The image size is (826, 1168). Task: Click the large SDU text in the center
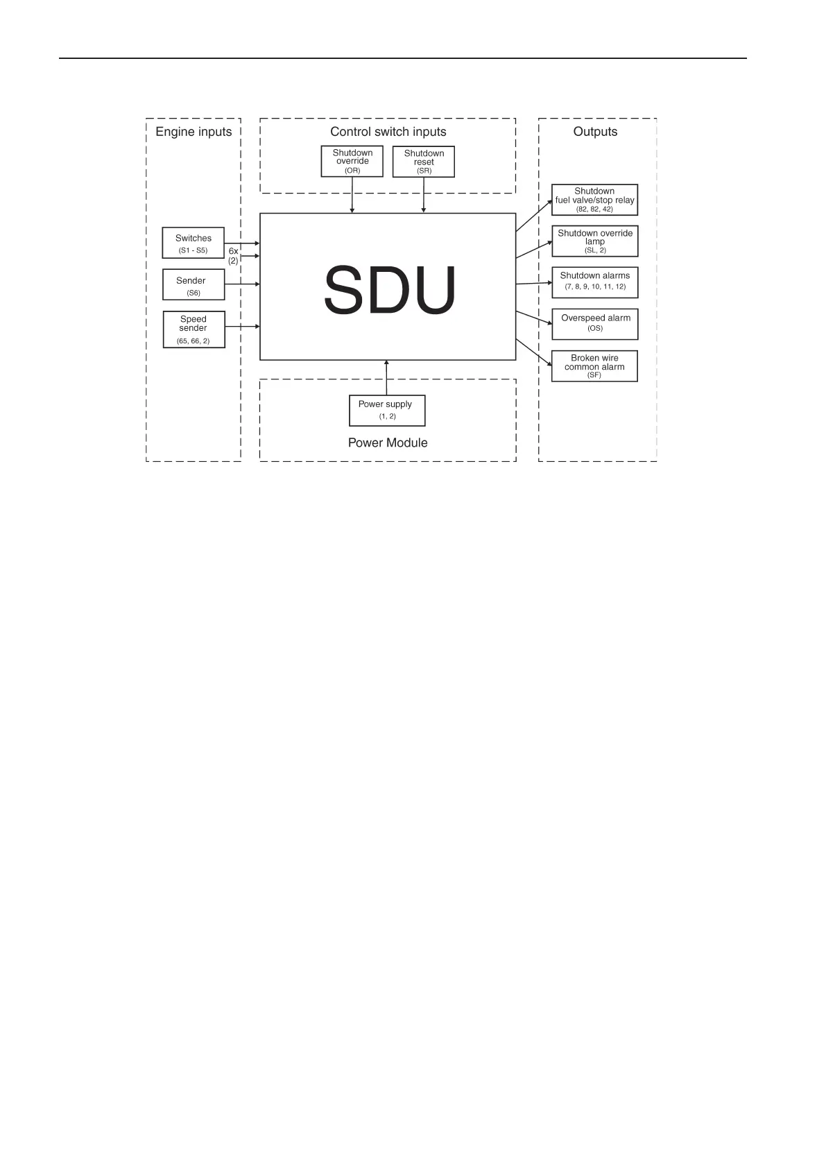pyautogui.click(x=390, y=290)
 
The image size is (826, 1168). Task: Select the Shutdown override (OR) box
pyautogui.click(x=352, y=161)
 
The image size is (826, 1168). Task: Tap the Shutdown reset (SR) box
pyautogui.click(x=424, y=162)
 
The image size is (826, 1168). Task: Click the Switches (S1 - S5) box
pyautogui.click(x=193, y=243)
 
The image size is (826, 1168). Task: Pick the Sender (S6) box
pyautogui.click(x=193, y=284)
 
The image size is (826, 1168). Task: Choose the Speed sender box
pyautogui.click(x=193, y=329)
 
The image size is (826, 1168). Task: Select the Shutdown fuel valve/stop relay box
pyautogui.click(x=594, y=200)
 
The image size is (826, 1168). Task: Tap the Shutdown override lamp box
pyautogui.click(x=594, y=241)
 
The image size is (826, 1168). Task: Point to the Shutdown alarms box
pyautogui.click(x=594, y=282)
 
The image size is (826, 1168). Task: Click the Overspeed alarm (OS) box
pyautogui.click(x=594, y=324)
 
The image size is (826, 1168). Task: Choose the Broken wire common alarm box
pyautogui.click(x=594, y=366)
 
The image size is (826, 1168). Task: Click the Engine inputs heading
pyautogui.click(x=193, y=132)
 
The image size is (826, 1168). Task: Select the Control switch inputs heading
pyautogui.click(x=388, y=132)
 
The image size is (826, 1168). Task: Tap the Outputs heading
pyautogui.click(x=595, y=132)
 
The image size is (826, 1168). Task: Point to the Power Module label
pyautogui.click(x=388, y=443)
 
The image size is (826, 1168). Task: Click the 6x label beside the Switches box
pyautogui.click(x=233, y=251)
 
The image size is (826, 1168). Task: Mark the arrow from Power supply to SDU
pyautogui.click(x=386, y=378)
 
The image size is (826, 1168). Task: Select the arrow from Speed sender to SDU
pyautogui.click(x=243, y=326)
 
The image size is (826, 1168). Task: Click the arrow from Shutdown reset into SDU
pyautogui.click(x=424, y=195)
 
